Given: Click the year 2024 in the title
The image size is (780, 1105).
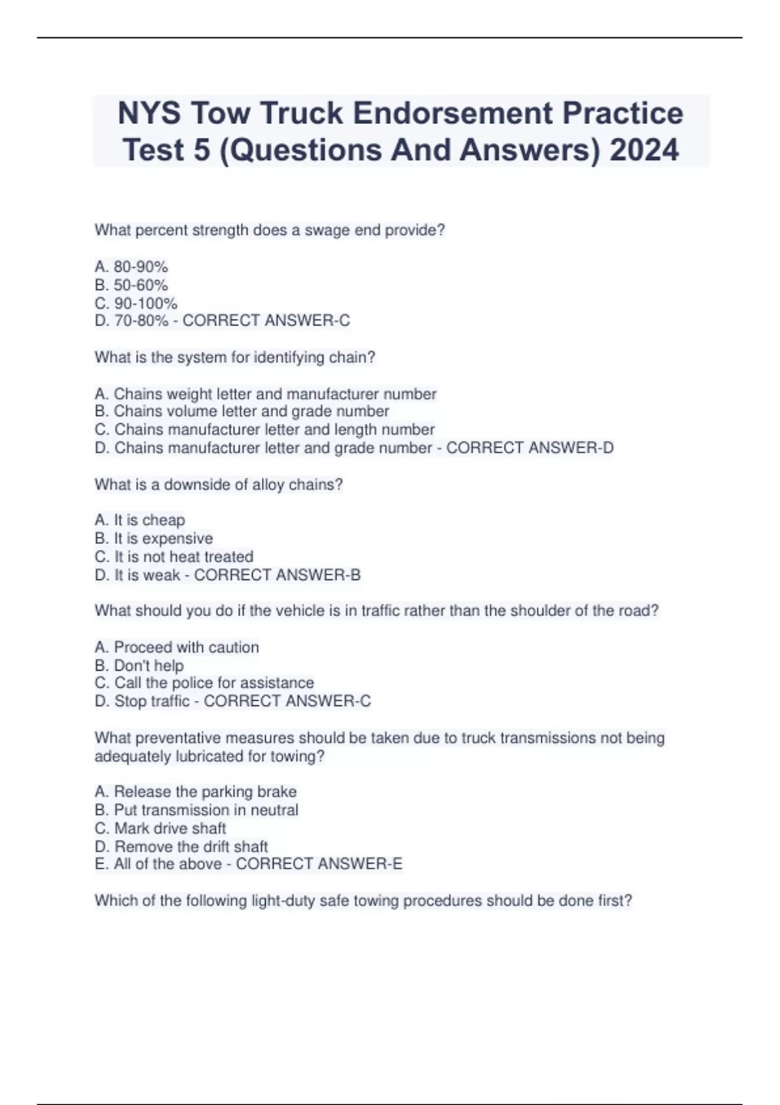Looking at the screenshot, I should (x=644, y=149).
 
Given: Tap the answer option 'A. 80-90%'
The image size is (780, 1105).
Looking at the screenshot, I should (x=131, y=266).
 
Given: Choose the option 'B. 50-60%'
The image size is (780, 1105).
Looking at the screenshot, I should (x=131, y=285).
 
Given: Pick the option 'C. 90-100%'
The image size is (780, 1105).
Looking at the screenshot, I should (x=136, y=303).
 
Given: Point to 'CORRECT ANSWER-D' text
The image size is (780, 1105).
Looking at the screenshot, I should (x=530, y=448).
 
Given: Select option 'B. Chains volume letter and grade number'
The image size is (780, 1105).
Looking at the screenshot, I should (x=242, y=411).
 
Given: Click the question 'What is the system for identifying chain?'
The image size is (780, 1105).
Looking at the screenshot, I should (x=235, y=357).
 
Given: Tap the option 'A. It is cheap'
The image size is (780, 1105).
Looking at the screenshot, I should (x=140, y=520).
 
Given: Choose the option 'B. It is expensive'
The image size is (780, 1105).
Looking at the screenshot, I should (x=153, y=538).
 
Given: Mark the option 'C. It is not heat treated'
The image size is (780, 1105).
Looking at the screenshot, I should (x=174, y=556).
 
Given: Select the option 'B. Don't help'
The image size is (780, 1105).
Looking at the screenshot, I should (x=139, y=666).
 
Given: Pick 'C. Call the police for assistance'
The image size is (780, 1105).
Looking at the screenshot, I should (x=204, y=683).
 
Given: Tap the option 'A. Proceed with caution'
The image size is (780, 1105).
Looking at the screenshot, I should (x=177, y=647).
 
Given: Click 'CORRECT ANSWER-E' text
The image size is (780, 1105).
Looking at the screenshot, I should (x=319, y=864).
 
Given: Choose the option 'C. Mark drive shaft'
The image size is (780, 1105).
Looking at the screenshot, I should (x=161, y=828).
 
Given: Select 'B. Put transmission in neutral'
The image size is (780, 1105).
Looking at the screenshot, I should (x=196, y=810).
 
